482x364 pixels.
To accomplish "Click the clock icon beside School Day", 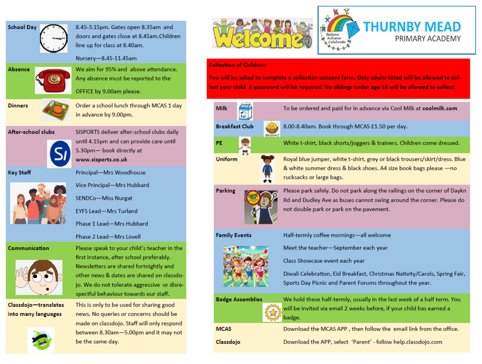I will pyautogui.click(x=54, y=38).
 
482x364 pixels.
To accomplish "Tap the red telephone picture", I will pyautogui.click(x=53, y=80).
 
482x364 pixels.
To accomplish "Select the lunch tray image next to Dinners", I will pyautogui.click(x=56, y=110).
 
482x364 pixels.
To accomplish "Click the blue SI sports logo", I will pyautogui.click(x=60, y=154).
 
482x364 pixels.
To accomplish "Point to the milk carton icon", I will pyautogui.click(x=245, y=111).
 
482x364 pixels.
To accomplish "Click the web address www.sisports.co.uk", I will pyautogui.click(x=101, y=160).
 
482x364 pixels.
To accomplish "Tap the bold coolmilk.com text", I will pyautogui.click(x=440, y=108).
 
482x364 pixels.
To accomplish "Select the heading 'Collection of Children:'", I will pyautogui.click(x=237, y=65).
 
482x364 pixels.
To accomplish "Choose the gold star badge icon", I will pyautogui.click(x=272, y=312).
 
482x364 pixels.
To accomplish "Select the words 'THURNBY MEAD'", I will pyautogui.click(x=412, y=27).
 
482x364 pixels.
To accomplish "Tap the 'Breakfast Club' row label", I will pyautogui.click(x=234, y=127).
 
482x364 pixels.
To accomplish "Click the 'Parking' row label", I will pyautogui.click(x=225, y=191).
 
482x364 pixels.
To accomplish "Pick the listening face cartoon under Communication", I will pyautogui.click(x=39, y=277).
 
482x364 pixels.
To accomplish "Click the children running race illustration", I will pyautogui.click(x=246, y=266).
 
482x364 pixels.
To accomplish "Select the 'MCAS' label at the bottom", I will pyautogui.click(x=224, y=329).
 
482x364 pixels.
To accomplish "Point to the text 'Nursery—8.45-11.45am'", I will pyautogui.click(x=106, y=58).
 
